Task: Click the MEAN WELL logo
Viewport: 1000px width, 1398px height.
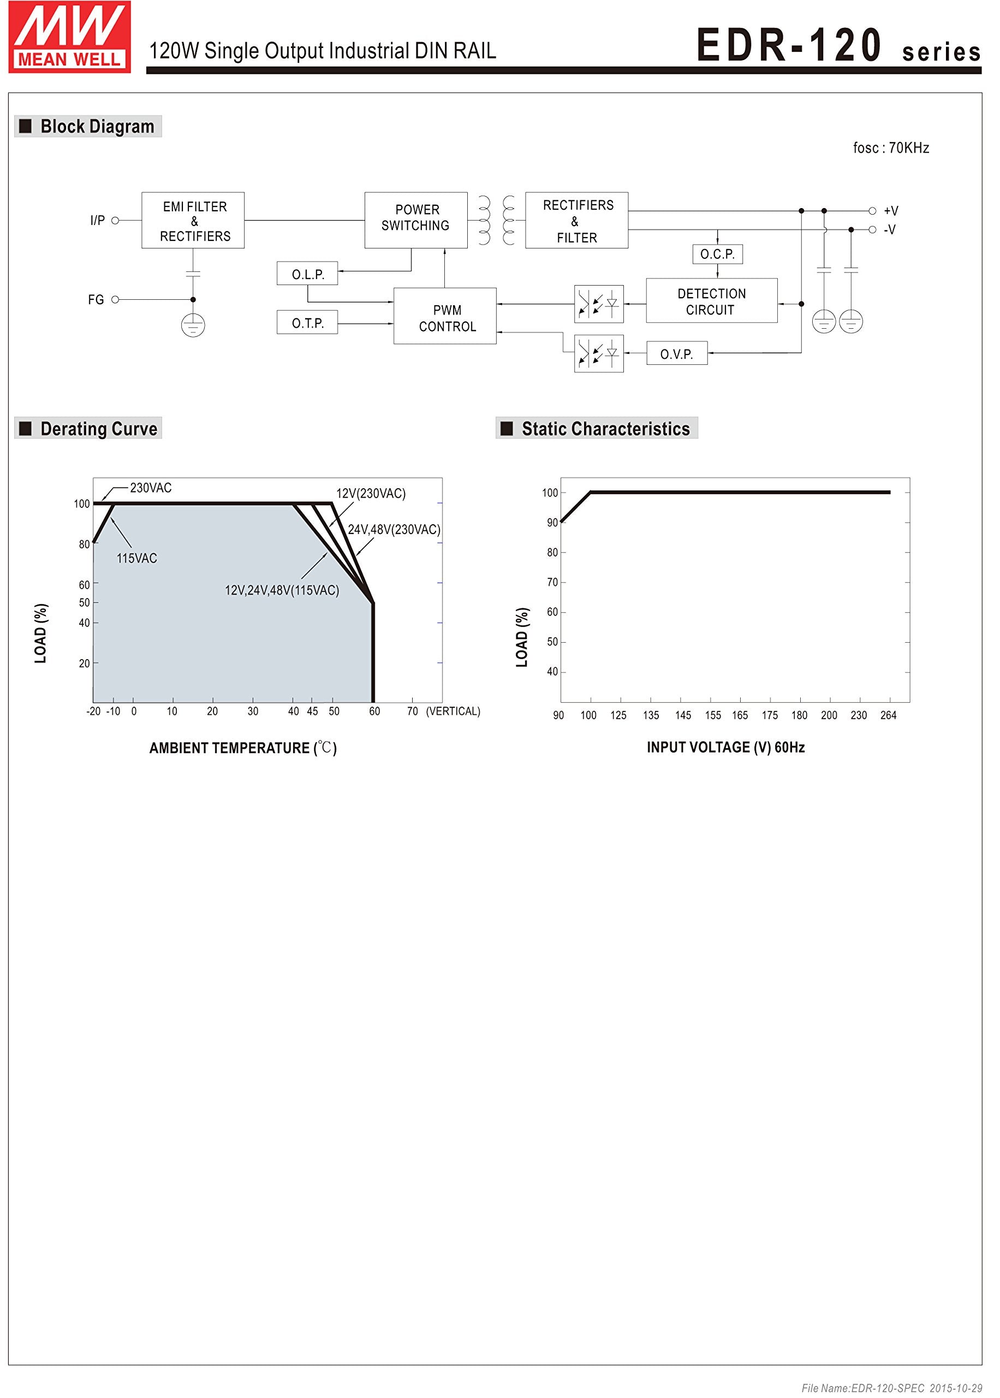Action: pos(69,38)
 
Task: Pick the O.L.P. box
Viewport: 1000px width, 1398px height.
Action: pos(307,274)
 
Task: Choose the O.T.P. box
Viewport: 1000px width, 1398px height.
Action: pos(307,323)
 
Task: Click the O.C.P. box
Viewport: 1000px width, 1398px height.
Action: pos(717,254)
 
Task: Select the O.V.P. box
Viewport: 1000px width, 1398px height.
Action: pos(677,354)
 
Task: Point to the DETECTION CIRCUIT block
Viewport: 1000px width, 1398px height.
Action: pos(711,301)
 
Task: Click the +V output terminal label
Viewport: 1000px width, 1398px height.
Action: pos(890,211)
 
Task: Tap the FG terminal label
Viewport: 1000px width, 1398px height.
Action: pos(96,300)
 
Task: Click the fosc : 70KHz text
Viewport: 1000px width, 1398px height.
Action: pos(890,148)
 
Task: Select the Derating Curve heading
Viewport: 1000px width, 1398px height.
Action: pos(98,429)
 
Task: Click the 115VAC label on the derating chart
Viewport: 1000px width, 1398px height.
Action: pos(136,558)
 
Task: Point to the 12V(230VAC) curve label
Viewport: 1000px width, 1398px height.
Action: pos(371,493)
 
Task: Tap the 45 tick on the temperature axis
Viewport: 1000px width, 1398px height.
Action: pos(312,712)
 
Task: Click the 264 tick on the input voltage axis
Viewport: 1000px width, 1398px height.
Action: pos(888,715)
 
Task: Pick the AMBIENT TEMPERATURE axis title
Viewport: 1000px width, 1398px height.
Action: pos(242,748)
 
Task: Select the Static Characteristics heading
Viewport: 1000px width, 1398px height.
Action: pos(605,429)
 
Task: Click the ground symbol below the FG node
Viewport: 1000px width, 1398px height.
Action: pos(193,325)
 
